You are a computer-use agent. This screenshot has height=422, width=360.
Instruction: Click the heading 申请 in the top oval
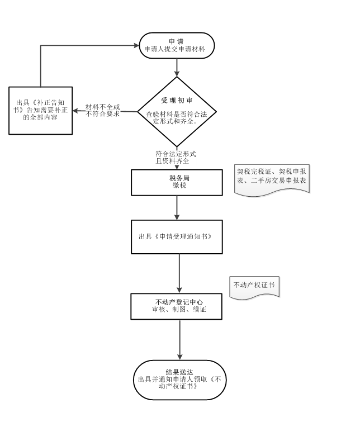click(x=176, y=41)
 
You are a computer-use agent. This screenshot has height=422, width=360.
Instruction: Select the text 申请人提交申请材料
click(x=174, y=50)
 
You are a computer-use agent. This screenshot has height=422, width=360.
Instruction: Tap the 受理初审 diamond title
click(x=177, y=100)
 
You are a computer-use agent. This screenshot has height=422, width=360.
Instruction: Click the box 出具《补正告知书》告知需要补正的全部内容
click(x=40, y=110)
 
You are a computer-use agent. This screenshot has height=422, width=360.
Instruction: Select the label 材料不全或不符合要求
click(x=103, y=111)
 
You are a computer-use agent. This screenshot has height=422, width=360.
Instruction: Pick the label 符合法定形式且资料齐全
click(x=176, y=157)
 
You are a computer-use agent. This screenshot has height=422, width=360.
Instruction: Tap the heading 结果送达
click(x=179, y=372)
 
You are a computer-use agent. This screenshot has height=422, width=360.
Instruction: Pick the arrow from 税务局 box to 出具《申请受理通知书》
click(x=177, y=208)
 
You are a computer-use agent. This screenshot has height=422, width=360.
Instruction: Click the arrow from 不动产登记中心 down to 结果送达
click(x=179, y=339)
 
